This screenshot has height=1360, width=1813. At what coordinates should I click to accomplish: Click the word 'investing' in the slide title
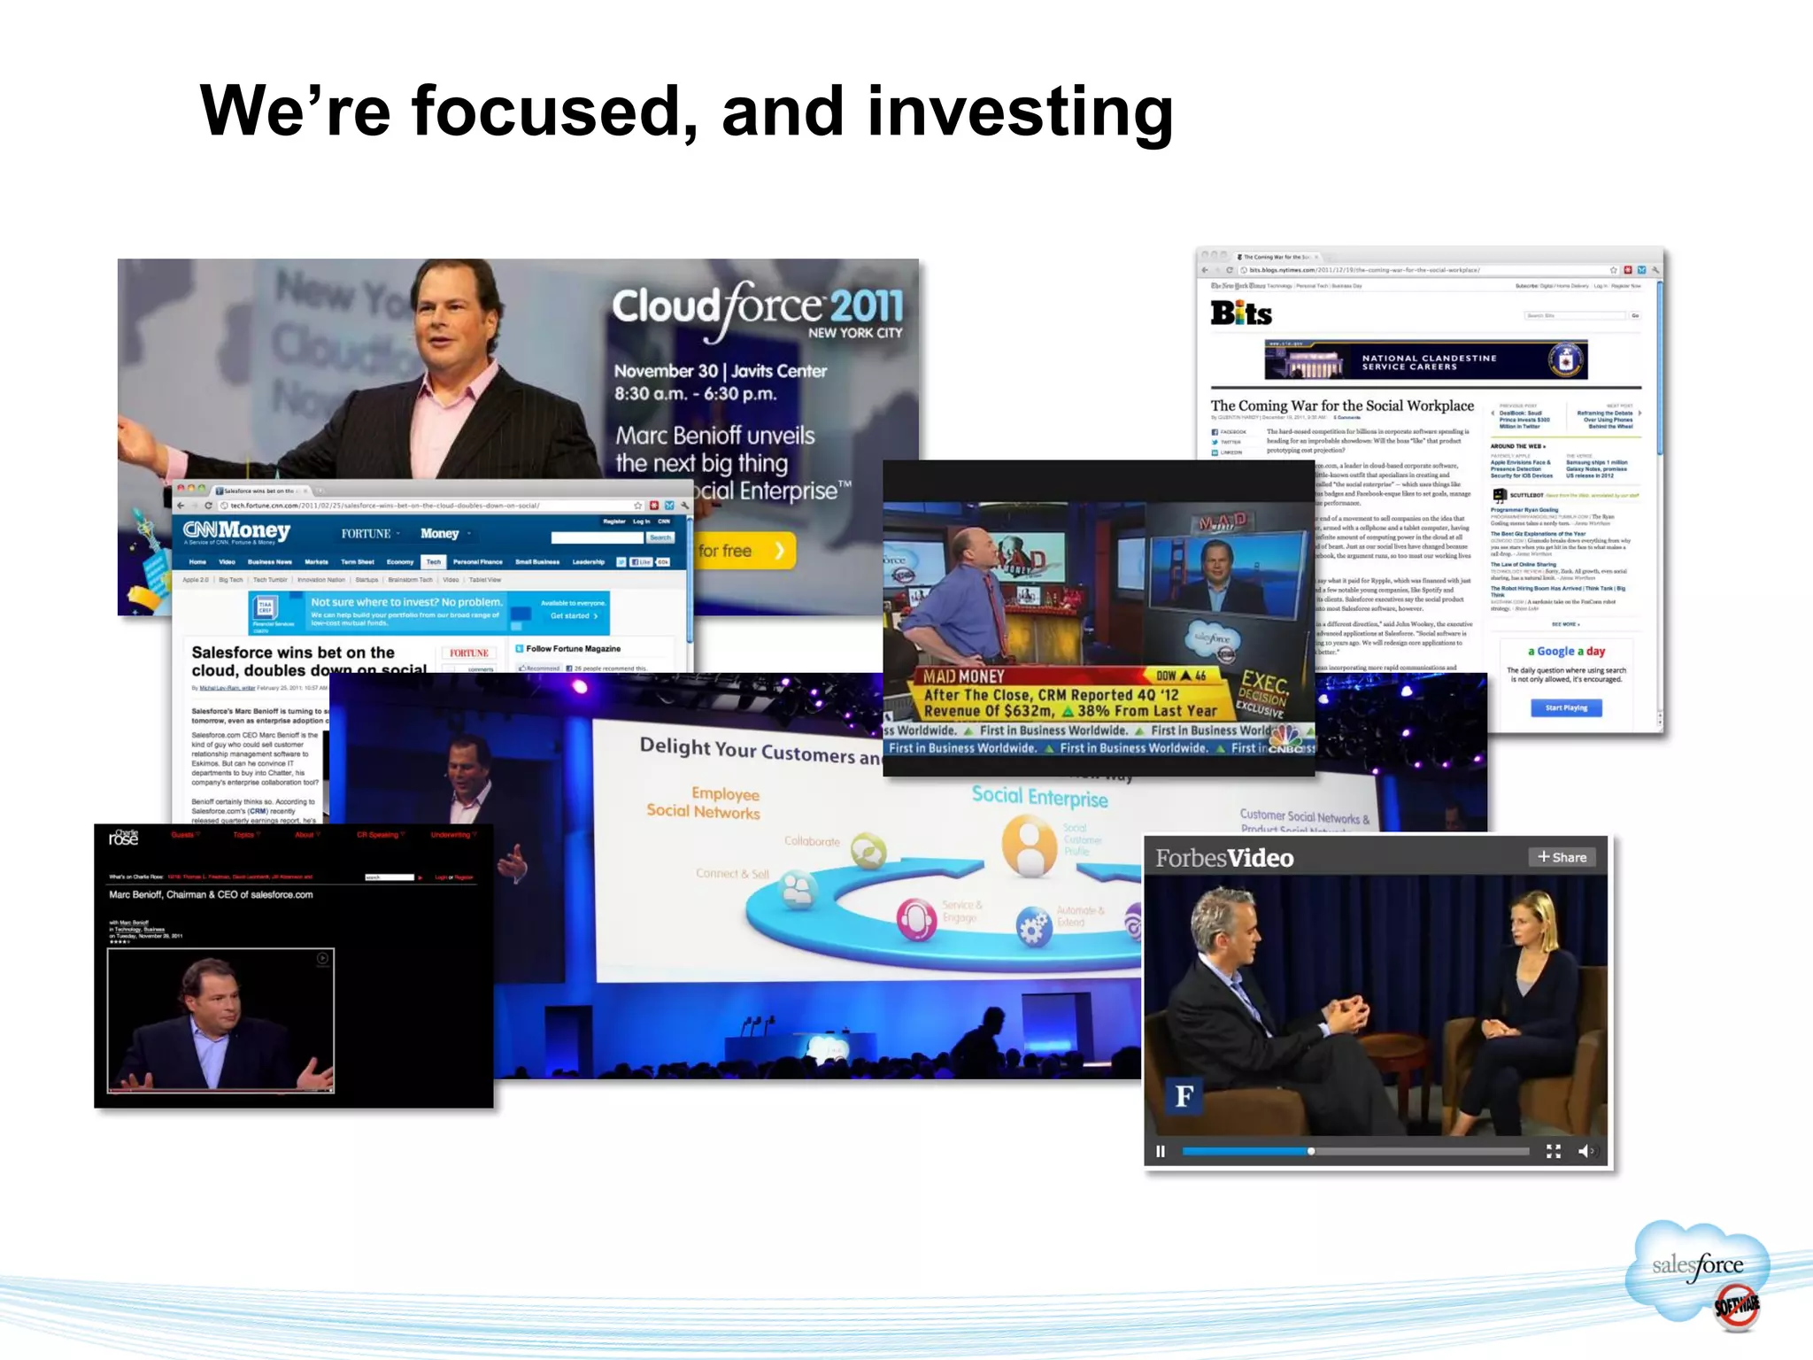(x=1020, y=113)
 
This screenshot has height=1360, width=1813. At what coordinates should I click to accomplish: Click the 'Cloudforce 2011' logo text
(x=757, y=306)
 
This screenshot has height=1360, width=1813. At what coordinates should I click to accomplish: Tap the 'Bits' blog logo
(x=1241, y=313)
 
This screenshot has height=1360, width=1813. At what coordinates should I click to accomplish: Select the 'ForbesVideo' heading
(x=1224, y=858)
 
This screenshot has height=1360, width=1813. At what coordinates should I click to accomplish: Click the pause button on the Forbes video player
(x=1161, y=1151)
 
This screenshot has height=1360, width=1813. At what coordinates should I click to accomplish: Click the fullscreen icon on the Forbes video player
(x=1554, y=1151)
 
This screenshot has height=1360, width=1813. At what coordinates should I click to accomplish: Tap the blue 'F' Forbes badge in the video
(x=1184, y=1096)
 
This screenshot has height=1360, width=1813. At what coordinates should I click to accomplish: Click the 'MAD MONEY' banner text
(x=963, y=676)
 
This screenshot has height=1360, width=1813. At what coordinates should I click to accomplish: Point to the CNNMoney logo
(x=237, y=531)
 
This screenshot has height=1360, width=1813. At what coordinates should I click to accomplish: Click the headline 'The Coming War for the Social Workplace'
(x=1342, y=406)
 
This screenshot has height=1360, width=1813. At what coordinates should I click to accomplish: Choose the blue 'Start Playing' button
(x=1566, y=707)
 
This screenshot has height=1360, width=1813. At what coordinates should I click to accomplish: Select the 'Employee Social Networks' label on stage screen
(x=705, y=802)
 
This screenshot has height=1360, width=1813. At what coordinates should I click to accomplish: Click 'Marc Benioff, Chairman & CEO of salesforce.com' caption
(x=211, y=894)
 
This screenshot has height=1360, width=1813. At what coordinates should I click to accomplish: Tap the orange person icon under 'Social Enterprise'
(x=1029, y=846)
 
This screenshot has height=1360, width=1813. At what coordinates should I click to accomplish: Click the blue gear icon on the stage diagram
(x=1033, y=927)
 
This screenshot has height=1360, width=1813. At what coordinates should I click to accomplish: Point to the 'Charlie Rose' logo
(x=124, y=837)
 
